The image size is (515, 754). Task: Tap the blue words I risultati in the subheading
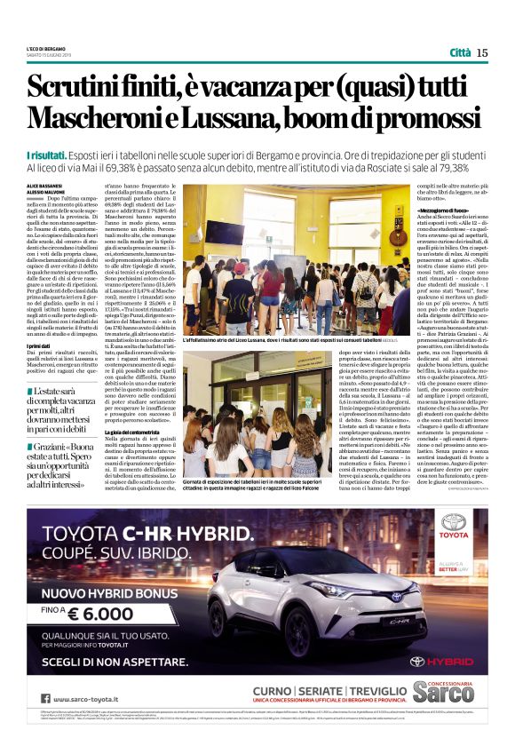(x=50, y=155)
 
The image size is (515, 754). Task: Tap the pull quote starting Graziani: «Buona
(x=62, y=463)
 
